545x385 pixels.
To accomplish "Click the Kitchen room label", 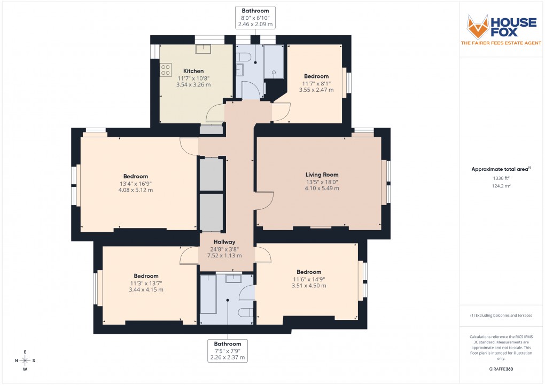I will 193,71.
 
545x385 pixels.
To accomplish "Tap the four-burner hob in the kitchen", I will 165,69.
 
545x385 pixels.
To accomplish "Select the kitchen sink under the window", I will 203,50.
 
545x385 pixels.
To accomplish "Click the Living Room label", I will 322,175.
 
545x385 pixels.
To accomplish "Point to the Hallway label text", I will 224,242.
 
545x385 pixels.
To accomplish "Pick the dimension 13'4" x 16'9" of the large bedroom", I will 135,184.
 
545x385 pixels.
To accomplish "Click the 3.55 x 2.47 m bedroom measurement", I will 316,90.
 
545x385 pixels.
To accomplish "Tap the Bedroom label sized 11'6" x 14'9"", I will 309,272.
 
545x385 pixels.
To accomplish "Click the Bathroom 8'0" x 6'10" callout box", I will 255,17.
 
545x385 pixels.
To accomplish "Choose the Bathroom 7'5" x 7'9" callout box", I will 228,351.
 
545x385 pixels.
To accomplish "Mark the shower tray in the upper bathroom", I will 275,61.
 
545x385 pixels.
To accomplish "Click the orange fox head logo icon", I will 478,26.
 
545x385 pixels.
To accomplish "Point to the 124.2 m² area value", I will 501,186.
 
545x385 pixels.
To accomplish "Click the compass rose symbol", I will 25,360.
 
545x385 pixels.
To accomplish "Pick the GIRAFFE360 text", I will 501,369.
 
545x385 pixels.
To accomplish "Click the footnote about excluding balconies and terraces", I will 501,316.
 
